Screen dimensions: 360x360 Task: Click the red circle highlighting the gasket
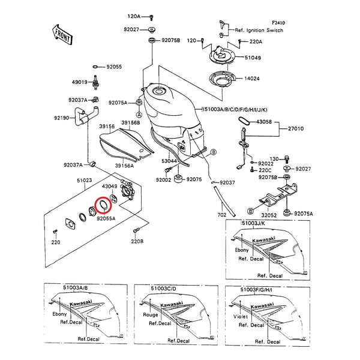pos(103,206)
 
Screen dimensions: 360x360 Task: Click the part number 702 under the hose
pos(221,214)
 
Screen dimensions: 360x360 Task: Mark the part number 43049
pos(110,188)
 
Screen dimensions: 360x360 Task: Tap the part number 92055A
pos(106,219)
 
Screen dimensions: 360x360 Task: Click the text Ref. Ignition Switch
pos(259,29)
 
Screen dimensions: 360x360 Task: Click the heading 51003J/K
pos(252,223)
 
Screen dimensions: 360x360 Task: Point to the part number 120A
pos(133,16)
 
